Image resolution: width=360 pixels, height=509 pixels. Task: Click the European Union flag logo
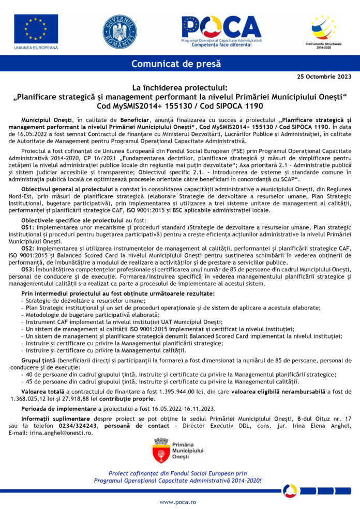coord(36,29)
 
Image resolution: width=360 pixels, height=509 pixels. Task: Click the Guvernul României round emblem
coord(119,32)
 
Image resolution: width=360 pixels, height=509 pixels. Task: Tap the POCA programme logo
coord(221,31)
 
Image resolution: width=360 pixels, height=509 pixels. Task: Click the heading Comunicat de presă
coord(176,64)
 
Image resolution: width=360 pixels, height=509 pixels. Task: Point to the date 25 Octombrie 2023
coord(324,76)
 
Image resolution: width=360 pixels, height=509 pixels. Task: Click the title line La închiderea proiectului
coord(179,88)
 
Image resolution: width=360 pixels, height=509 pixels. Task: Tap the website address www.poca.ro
coord(178,502)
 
